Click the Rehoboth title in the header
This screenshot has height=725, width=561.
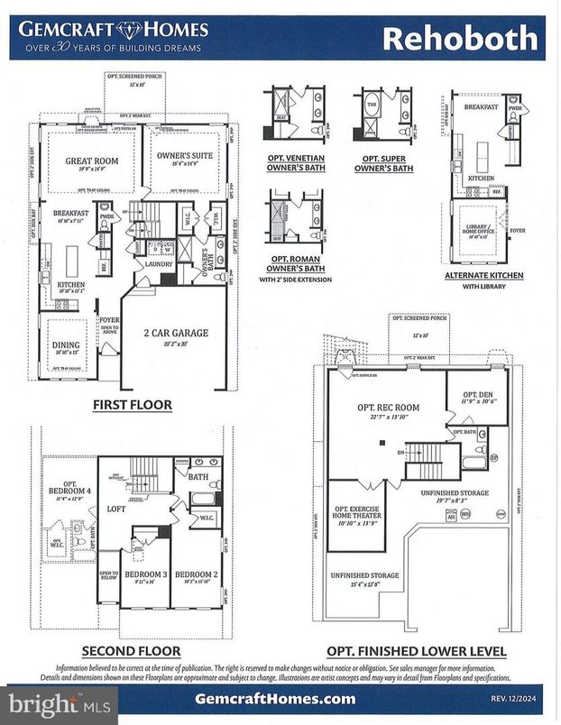460,39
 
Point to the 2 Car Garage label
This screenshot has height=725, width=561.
177,333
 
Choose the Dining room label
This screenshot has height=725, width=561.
66,344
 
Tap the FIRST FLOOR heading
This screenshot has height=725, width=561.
133,405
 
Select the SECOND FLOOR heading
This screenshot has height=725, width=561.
131,650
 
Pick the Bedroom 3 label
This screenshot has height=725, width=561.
145,574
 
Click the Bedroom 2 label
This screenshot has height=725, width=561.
196,574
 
